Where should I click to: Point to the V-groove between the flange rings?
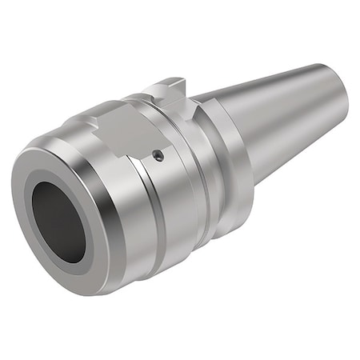pos(206,172)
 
